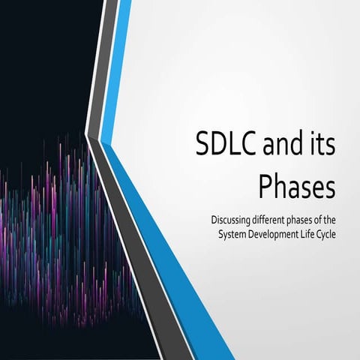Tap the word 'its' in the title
tap(321, 144)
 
